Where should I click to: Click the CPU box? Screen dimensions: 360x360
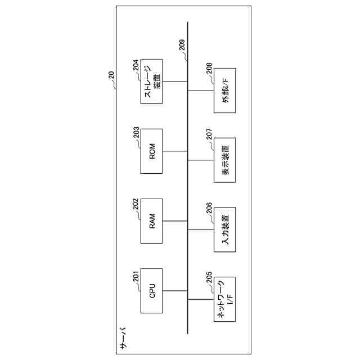point(152,291)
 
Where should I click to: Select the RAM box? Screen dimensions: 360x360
point(152,221)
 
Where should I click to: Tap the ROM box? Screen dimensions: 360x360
point(152,151)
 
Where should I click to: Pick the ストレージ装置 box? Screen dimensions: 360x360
point(152,81)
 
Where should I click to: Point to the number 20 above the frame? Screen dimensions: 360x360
point(110,76)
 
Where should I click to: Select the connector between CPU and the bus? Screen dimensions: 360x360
point(175,291)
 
